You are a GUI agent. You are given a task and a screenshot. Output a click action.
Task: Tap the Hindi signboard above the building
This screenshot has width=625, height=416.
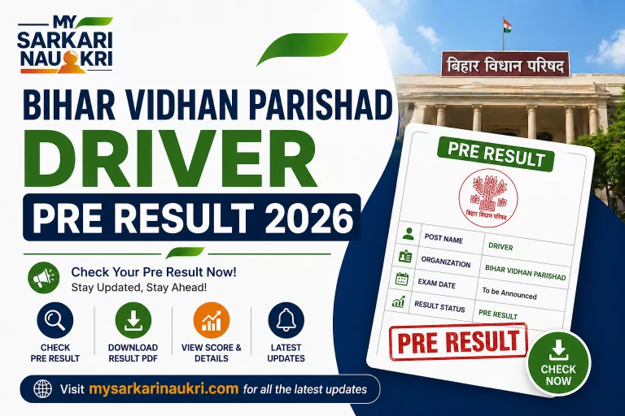(x=505, y=64)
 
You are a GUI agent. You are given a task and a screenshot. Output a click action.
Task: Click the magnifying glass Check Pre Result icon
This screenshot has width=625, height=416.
(x=55, y=322)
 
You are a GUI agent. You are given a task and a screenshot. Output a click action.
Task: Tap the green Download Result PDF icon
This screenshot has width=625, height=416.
(x=133, y=322)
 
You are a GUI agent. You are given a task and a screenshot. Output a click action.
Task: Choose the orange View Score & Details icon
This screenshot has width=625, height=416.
(x=211, y=321)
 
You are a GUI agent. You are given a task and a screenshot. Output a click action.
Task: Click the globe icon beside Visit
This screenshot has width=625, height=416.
(x=42, y=388)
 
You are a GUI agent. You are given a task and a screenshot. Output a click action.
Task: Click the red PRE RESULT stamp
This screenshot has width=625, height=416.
(x=457, y=341)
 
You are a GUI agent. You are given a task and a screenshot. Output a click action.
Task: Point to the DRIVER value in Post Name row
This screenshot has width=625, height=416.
(x=500, y=245)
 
